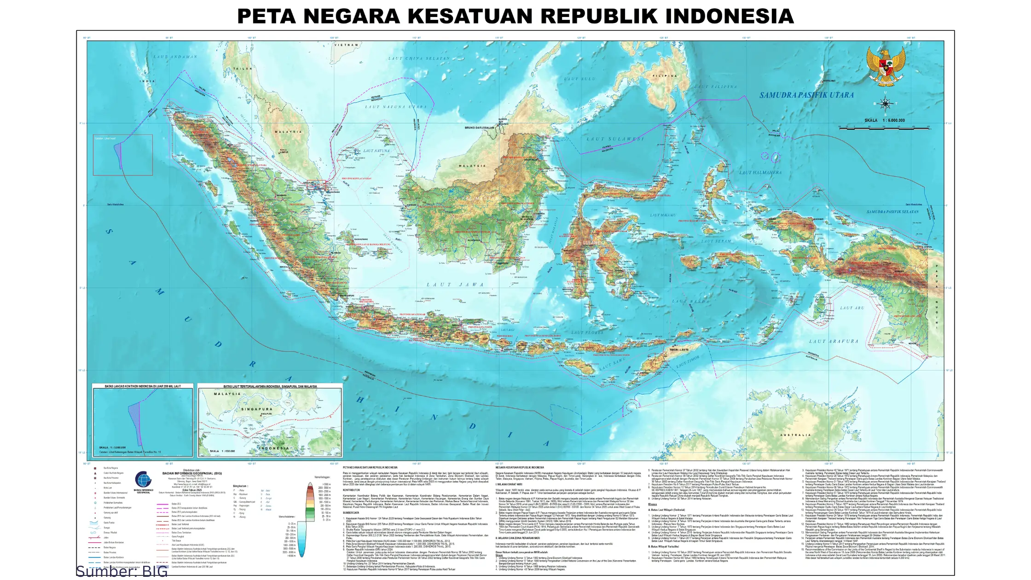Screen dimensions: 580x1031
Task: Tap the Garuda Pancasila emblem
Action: tap(886, 67)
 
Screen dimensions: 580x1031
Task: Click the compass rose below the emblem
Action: tap(885, 104)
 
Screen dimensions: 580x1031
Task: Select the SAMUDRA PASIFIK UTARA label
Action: tap(806, 95)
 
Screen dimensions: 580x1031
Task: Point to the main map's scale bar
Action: tap(884, 128)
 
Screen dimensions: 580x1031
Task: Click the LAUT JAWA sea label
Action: tap(455, 284)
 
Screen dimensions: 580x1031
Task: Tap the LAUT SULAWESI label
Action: tap(615, 139)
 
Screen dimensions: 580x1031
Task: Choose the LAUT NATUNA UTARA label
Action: tap(396, 107)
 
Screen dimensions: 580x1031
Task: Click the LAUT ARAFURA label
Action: tap(834, 341)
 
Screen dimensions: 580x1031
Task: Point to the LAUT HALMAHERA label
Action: tap(760, 173)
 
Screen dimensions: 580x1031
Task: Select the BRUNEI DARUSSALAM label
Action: tap(479, 128)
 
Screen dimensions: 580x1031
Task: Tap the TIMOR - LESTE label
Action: tap(679, 350)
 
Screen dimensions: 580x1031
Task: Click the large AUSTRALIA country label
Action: tap(795, 435)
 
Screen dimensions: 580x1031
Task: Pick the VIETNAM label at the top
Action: tap(346, 45)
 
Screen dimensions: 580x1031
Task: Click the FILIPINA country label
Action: tap(665, 76)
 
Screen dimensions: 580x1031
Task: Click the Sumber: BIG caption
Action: tap(122, 571)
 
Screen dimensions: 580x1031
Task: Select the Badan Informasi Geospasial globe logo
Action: tap(143, 480)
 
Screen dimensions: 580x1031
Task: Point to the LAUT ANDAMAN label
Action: tap(175, 57)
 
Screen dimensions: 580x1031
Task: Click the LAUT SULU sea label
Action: tap(579, 79)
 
